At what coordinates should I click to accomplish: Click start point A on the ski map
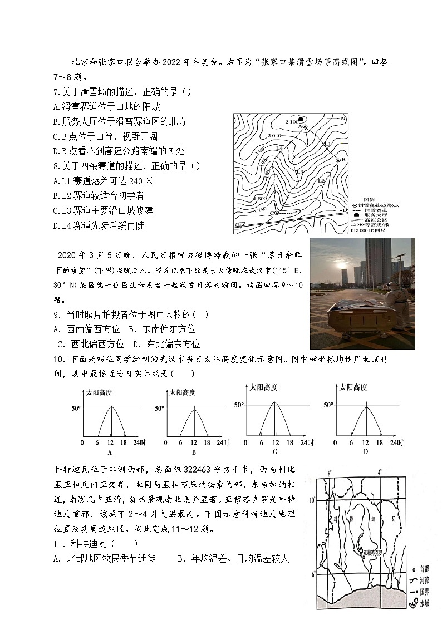305,127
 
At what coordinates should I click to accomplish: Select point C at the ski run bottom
276,213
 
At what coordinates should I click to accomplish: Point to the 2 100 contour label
291,121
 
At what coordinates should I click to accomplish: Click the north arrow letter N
343,119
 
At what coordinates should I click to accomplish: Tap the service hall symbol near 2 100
301,119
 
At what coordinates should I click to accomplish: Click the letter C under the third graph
275,451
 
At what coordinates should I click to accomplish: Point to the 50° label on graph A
76,408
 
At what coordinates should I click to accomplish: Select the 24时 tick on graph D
396,442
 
